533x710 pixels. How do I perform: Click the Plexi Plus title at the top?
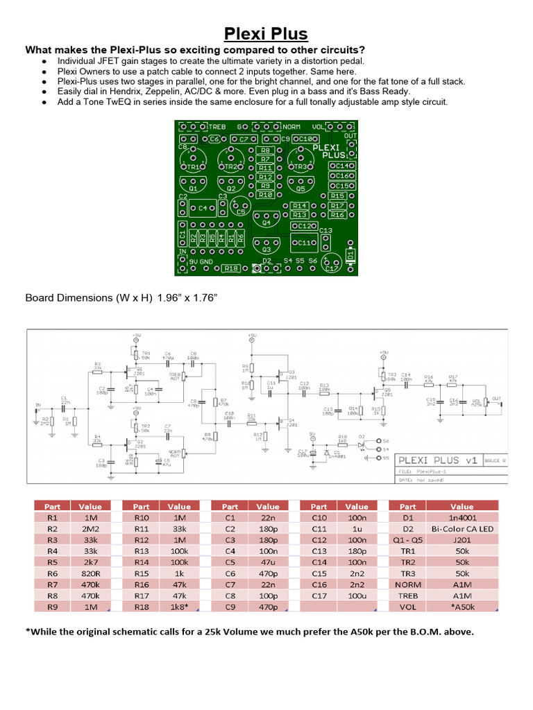click(x=266, y=34)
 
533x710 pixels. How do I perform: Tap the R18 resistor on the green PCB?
click(x=231, y=268)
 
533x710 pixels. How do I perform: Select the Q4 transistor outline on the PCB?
click(x=266, y=221)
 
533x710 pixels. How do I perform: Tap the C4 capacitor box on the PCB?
click(x=205, y=208)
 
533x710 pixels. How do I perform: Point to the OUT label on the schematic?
click(x=495, y=399)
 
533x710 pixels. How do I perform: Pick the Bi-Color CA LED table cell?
click(x=462, y=528)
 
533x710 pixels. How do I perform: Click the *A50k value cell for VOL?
click(x=462, y=607)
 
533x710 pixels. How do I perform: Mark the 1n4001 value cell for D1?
click(x=462, y=517)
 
